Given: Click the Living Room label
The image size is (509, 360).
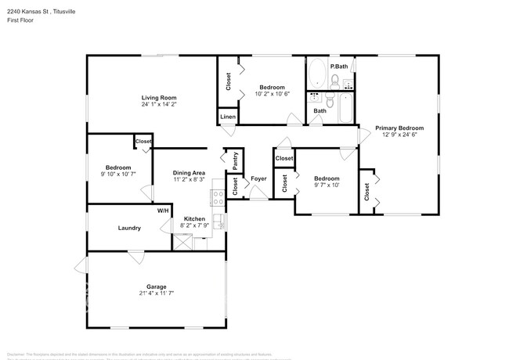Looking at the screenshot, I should pos(158,97).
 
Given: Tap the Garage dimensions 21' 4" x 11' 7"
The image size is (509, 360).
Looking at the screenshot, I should pos(156,293).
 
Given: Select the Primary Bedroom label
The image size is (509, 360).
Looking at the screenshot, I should pos(399,128).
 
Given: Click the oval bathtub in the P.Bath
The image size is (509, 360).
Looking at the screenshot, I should pos(317,76).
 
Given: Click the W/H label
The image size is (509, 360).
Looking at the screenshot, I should pos(163,211).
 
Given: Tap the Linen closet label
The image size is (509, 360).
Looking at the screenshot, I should pos(227,117).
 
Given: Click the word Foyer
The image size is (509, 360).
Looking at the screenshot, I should pos(258,178).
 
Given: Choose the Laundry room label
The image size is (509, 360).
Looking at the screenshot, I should pos(129,228).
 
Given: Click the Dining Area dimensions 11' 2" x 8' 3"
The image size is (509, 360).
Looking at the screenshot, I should pos(190,180).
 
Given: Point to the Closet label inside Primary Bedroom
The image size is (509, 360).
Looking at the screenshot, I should pos(366,189).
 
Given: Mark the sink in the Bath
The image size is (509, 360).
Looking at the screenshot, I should pos(316,98).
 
